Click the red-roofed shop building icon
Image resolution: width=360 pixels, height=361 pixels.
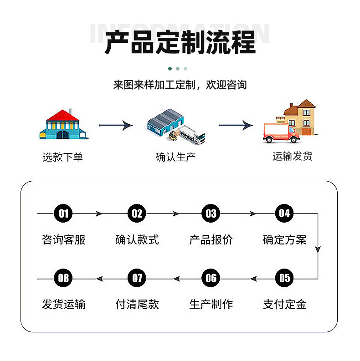pyautogui.click(x=63, y=124)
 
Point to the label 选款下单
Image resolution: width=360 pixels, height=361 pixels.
pyautogui.click(x=63, y=158)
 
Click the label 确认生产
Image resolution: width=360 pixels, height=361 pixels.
pyautogui.click(x=175, y=158)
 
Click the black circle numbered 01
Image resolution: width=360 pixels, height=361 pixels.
pyautogui.click(x=63, y=213)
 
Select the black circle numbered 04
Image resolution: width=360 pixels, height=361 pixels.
pyautogui.click(x=284, y=213)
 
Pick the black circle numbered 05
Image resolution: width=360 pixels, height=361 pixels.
pyautogui.click(x=284, y=278)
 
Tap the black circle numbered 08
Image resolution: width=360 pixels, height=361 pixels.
pyautogui.click(x=63, y=278)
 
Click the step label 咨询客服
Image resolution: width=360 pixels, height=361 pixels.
pyautogui.click(x=63, y=239)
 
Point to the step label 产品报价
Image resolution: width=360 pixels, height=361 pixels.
pyautogui.click(x=211, y=239)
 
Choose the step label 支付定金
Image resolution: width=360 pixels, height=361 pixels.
pyautogui.click(x=284, y=304)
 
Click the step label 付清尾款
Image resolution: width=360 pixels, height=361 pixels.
pyautogui.click(x=137, y=304)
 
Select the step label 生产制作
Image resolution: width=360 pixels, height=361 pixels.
pyautogui.click(x=211, y=304)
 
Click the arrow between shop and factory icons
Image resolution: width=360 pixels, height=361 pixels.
pyautogui.click(x=116, y=125)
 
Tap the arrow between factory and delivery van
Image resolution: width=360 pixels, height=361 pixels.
pyautogui.click(x=236, y=125)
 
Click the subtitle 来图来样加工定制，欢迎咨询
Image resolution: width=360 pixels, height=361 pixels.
pyautogui.click(x=180, y=85)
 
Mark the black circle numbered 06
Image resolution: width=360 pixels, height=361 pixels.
pyautogui.click(x=211, y=278)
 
